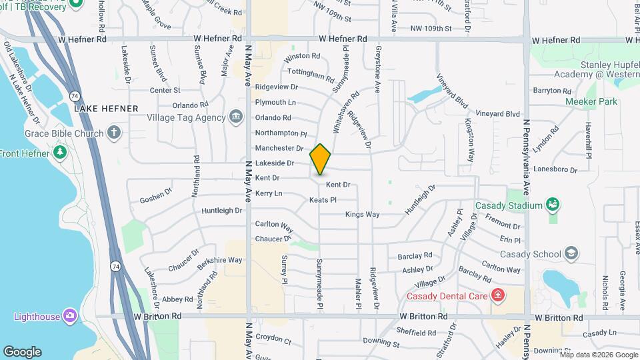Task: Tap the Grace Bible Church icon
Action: (x=114, y=132)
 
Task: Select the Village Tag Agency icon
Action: (x=235, y=117)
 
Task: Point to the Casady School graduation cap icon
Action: (x=571, y=253)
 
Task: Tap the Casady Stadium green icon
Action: (x=551, y=205)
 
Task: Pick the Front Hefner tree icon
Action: (x=61, y=153)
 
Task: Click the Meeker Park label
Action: (x=591, y=101)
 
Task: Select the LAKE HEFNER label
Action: (x=106, y=108)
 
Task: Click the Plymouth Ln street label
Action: (x=275, y=102)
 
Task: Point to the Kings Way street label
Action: (x=362, y=215)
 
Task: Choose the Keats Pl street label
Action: (x=323, y=200)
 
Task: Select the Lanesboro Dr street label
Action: (x=555, y=169)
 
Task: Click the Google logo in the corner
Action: (x=21, y=351)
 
